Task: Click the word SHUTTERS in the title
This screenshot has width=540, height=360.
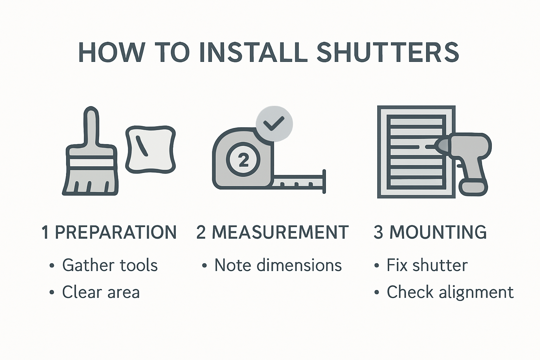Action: click(x=387, y=52)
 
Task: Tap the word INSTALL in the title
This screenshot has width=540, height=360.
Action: click(x=252, y=52)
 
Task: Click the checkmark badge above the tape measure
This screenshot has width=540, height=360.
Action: click(x=274, y=124)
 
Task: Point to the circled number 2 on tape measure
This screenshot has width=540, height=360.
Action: click(x=243, y=160)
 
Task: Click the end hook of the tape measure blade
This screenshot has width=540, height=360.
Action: click(x=324, y=181)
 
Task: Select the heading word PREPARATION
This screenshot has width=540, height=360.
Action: click(x=116, y=232)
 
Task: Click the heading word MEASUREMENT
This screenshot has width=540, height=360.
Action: click(x=280, y=232)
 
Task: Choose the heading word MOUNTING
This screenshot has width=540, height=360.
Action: click(x=438, y=232)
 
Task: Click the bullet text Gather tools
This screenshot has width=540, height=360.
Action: click(x=110, y=265)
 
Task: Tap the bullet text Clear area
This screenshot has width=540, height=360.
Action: click(x=101, y=292)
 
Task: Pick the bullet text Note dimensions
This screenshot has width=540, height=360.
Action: click(x=278, y=265)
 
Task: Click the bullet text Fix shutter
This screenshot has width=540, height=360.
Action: click(x=427, y=265)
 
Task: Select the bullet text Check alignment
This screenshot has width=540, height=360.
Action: click(x=450, y=292)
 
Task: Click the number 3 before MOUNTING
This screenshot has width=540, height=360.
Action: click(x=378, y=232)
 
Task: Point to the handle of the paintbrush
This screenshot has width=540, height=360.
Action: click(x=91, y=127)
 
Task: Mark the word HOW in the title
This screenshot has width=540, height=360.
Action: click(x=111, y=52)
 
